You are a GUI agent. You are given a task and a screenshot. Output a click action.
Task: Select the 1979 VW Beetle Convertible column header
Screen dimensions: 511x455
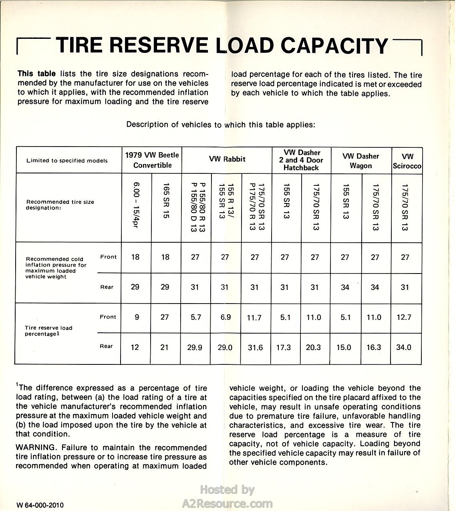click(x=152, y=160)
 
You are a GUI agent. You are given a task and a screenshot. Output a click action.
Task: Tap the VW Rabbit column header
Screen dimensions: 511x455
click(x=227, y=159)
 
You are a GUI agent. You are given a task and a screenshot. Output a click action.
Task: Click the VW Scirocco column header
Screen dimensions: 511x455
click(x=407, y=161)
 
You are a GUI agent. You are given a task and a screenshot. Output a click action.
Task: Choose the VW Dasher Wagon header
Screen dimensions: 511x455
click(x=361, y=161)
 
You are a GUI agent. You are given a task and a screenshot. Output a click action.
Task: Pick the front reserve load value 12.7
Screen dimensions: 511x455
click(x=404, y=317)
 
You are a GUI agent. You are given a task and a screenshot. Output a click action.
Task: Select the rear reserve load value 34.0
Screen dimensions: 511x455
click(x=404, y=347)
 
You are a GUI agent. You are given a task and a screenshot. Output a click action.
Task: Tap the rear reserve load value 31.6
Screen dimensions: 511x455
click(x=255, y=347)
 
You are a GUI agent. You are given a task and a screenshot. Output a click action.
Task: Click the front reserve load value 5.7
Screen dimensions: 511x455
click(x=195, y=317)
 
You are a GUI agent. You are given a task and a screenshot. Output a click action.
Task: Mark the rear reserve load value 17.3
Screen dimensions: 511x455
click(x=284, y=347)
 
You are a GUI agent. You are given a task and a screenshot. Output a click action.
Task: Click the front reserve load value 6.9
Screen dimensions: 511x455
click(x=225, y=317)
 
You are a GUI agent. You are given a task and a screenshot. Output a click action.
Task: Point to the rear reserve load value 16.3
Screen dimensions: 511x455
click(x=374, y=347)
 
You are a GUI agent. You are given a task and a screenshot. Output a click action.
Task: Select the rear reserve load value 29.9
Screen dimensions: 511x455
click(x=195, y=347)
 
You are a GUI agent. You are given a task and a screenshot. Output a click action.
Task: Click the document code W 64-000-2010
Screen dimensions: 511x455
click(x=40, y=505)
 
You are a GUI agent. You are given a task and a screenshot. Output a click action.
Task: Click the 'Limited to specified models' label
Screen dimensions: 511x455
click(x=67, y=161)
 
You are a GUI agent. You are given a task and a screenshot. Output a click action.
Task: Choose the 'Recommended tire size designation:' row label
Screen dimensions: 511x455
click(x=60, y=205)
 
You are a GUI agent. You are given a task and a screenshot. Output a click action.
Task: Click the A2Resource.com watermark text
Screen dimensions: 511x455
click(x=227, y=503)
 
